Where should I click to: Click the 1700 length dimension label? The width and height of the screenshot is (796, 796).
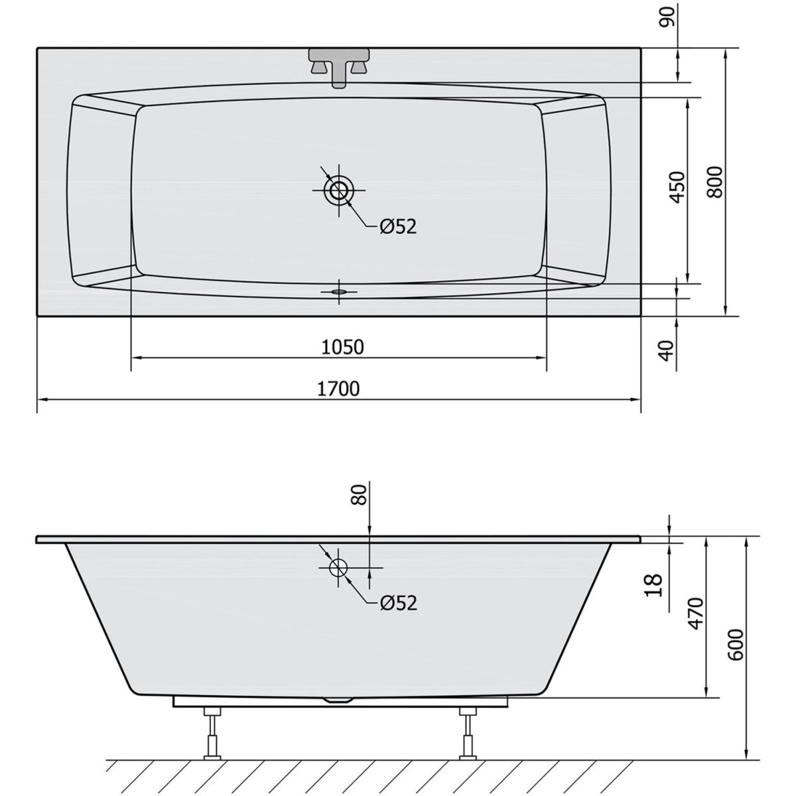pyautogui.click(x=338, y=389)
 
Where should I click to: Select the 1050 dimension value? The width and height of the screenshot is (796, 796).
pyautogui.click(x=342, y=348)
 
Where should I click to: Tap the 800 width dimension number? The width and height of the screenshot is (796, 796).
pyautogui.click(x=714, y=182)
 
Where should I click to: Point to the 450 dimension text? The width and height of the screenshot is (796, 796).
pyautogui.click(x=677, y=187)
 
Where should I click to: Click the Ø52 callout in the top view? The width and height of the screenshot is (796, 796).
pyautogui.click(x=398, y=226)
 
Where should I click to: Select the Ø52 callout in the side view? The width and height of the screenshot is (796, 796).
pyautogui.click(x=398, y=604)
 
